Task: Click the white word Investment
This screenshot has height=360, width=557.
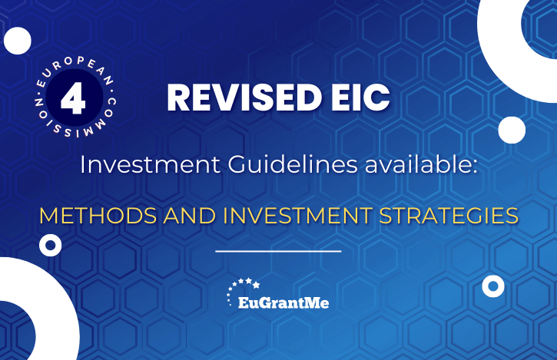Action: coord(150,165)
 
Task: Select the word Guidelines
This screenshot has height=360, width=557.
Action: coord(293,165)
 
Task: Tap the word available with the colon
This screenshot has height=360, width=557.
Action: coord(421,165)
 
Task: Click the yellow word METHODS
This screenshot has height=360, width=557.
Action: coord(98,216)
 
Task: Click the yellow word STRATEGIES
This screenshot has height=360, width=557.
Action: coord(449,216)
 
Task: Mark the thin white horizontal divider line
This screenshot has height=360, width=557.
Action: coord(278,251)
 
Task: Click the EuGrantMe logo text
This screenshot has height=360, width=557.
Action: coord(283,303)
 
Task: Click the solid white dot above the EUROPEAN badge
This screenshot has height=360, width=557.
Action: coord(18,41)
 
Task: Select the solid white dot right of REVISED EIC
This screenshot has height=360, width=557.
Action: coord(512,130)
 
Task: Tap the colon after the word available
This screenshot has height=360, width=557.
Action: coord(475,167)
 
